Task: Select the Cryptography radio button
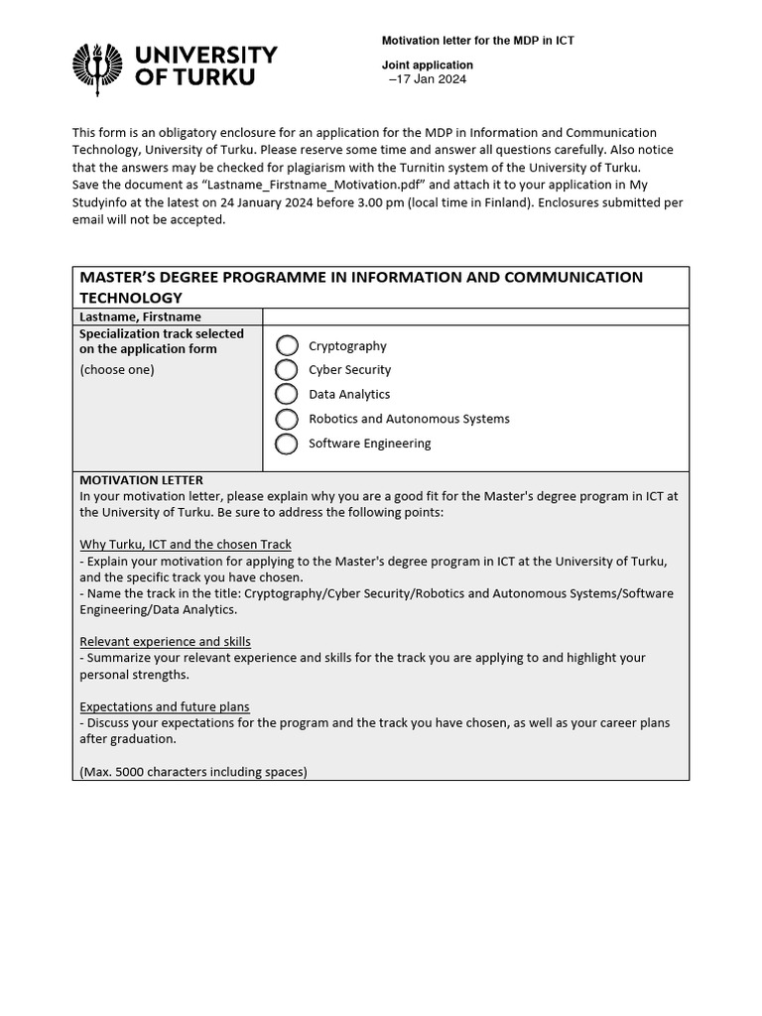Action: [287, 345]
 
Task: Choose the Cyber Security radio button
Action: [287, 370]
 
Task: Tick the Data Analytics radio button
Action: [287, 394]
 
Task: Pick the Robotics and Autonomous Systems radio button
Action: [287, 419]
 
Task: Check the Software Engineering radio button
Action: [287, 444]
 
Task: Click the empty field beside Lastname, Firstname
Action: [475, 317]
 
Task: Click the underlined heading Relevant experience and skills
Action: [165, 642]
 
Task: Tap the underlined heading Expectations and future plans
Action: [165, 706]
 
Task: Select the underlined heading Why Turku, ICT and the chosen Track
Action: [186, 545]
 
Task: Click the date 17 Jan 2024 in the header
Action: [429, 79]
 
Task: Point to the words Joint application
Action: [428, 65]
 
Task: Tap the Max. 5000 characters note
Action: [193, 771]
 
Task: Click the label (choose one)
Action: [117, 370]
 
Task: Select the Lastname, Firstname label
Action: [140, 317]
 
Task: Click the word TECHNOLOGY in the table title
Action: [131, 298]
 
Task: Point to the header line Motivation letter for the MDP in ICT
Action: [478, 41]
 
